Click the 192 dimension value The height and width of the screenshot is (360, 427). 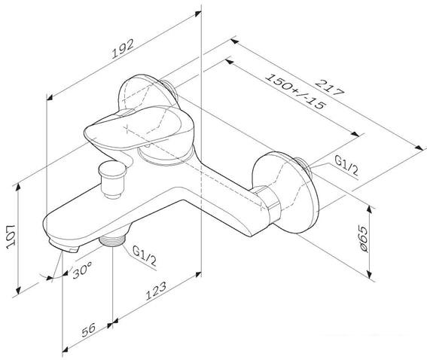(123, 49)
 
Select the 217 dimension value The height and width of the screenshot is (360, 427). (330, 87)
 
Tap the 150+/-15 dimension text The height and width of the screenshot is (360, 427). (295, 92)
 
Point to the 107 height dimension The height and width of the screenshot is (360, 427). (11, 236)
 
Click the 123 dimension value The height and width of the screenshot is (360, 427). (157, 291)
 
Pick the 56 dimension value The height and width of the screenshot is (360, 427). (89, 330)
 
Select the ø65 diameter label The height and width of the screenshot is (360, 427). (363, 238)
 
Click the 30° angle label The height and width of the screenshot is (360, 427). (82, 270)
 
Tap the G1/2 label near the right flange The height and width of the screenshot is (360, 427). (346, 166)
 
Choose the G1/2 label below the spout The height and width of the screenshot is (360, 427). (145, 255)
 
